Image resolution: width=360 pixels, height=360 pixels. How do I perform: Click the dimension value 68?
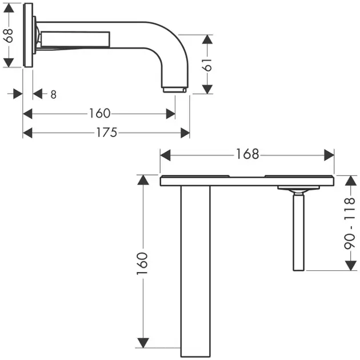click(9, 35)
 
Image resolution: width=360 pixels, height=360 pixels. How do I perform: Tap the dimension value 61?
click(207, 65)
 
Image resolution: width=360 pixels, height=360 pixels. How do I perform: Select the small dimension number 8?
click(53, 94)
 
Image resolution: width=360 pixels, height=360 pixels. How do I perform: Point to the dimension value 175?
click(106, 133)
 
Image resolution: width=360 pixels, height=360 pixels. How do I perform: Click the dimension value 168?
click(247, 154)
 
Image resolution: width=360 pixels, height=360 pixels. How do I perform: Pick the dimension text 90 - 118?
click(350, 223)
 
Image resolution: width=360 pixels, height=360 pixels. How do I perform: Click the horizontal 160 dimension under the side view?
click(99, 113)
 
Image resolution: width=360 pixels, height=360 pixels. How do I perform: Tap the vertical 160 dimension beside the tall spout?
click(142, 263)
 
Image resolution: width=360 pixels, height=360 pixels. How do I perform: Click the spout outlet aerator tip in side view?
click(174, 90)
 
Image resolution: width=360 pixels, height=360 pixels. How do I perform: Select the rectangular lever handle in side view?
click(75, 39)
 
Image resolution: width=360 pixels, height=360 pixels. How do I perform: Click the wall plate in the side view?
click(29, 35)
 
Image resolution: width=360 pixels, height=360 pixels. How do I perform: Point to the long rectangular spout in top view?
click(195, 271)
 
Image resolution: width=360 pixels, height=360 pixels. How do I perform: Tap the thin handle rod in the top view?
click(299, 232)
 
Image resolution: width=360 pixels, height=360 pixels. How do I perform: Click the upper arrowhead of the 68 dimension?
click(9, 8)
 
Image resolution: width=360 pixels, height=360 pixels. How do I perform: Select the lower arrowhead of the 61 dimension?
click(207, 89)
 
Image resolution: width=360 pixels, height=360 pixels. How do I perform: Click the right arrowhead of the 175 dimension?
click(185, 133)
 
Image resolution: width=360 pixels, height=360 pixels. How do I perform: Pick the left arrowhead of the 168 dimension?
click(165, 155)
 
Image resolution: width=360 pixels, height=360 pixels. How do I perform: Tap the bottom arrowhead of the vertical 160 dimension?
click(143, 343)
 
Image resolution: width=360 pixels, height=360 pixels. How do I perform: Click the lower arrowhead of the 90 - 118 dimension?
click(351, 266)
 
